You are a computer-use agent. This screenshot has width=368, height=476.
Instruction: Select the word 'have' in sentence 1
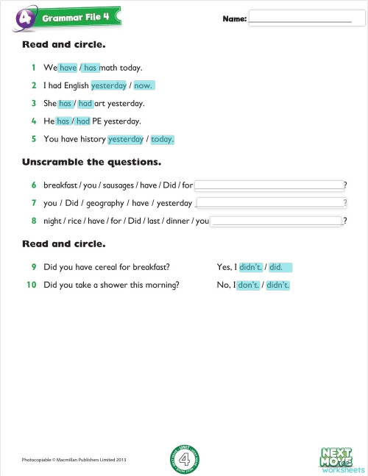point(68,68)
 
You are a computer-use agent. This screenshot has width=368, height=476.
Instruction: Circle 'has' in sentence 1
point(91,68)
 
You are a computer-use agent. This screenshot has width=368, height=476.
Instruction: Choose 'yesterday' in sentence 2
point(109,85)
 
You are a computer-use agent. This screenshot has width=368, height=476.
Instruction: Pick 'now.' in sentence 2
point(144,85)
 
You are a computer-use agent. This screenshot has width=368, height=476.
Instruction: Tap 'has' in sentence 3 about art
point(65,104)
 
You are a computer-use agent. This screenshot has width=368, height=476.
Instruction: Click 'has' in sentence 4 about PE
point(63,121)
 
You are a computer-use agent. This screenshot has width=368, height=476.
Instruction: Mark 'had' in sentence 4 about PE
point(82,121)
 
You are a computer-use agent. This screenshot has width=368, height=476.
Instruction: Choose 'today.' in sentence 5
point(162,139)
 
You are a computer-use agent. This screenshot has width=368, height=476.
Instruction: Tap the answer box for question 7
point(271,202)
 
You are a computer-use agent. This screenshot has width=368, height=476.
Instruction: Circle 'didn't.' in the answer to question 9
point(250,267)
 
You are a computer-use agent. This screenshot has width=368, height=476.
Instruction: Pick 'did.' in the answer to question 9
point(281,267)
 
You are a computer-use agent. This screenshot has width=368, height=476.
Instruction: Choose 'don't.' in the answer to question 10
point(248,285)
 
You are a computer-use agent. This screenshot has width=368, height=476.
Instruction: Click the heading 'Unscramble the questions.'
point(92,161)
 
